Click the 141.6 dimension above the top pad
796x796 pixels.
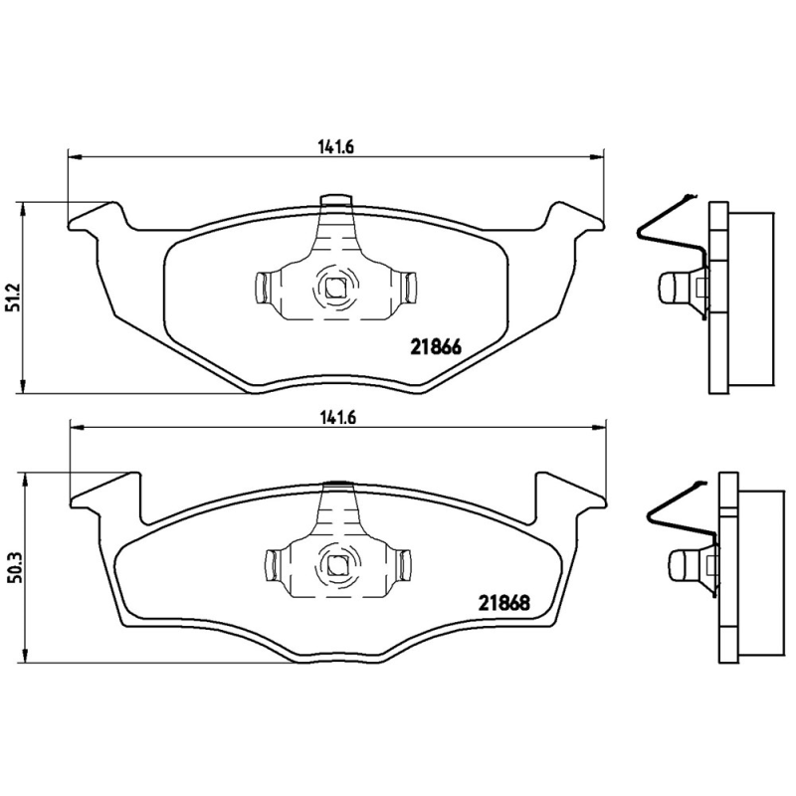336,145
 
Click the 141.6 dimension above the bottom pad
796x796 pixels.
336,416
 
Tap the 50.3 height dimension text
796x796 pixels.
13,570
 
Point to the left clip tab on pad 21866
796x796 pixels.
263,289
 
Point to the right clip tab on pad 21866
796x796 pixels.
409,289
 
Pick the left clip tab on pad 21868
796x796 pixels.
270,564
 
